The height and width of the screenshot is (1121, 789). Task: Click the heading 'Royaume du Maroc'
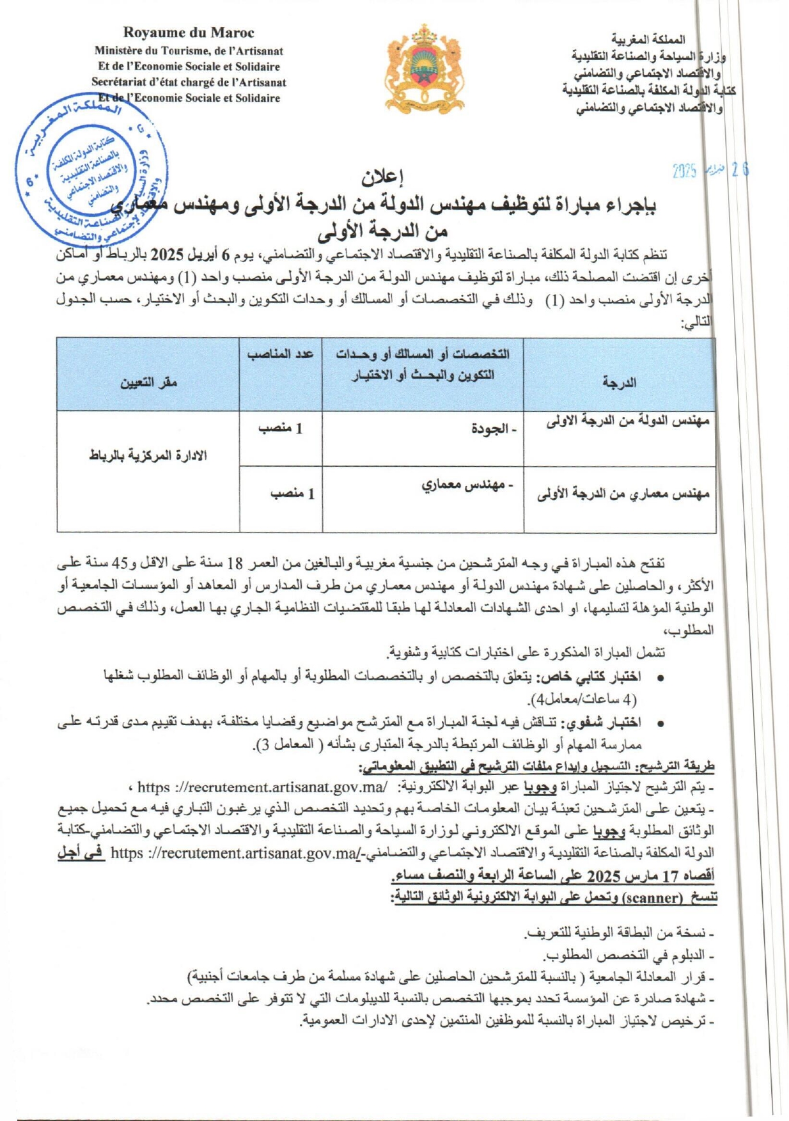point(189,33)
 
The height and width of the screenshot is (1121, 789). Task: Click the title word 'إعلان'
point(383,175)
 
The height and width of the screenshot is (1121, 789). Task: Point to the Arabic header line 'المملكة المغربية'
point(647,40)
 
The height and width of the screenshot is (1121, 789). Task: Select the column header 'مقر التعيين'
point(148,382)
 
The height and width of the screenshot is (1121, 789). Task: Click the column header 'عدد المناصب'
point(280,354)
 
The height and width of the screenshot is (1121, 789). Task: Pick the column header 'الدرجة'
point(619,382)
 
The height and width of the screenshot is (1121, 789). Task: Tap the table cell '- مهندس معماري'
point(467,485)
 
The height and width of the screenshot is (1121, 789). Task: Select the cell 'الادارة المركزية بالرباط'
point(148,455)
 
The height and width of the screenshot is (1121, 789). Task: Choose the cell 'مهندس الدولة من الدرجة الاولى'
point(627,421)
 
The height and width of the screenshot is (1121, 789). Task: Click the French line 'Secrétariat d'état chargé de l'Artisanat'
point(189,82)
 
